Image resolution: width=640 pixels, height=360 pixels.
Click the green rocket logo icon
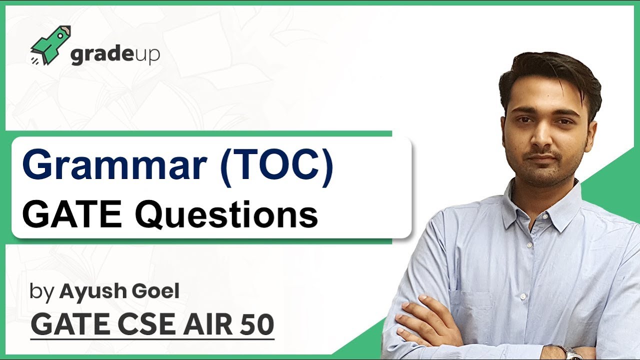click(x=50, y=45)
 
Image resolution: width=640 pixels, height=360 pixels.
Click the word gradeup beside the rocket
click(x=115, y=54)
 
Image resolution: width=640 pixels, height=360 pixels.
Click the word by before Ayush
click(x=41, y=291)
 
